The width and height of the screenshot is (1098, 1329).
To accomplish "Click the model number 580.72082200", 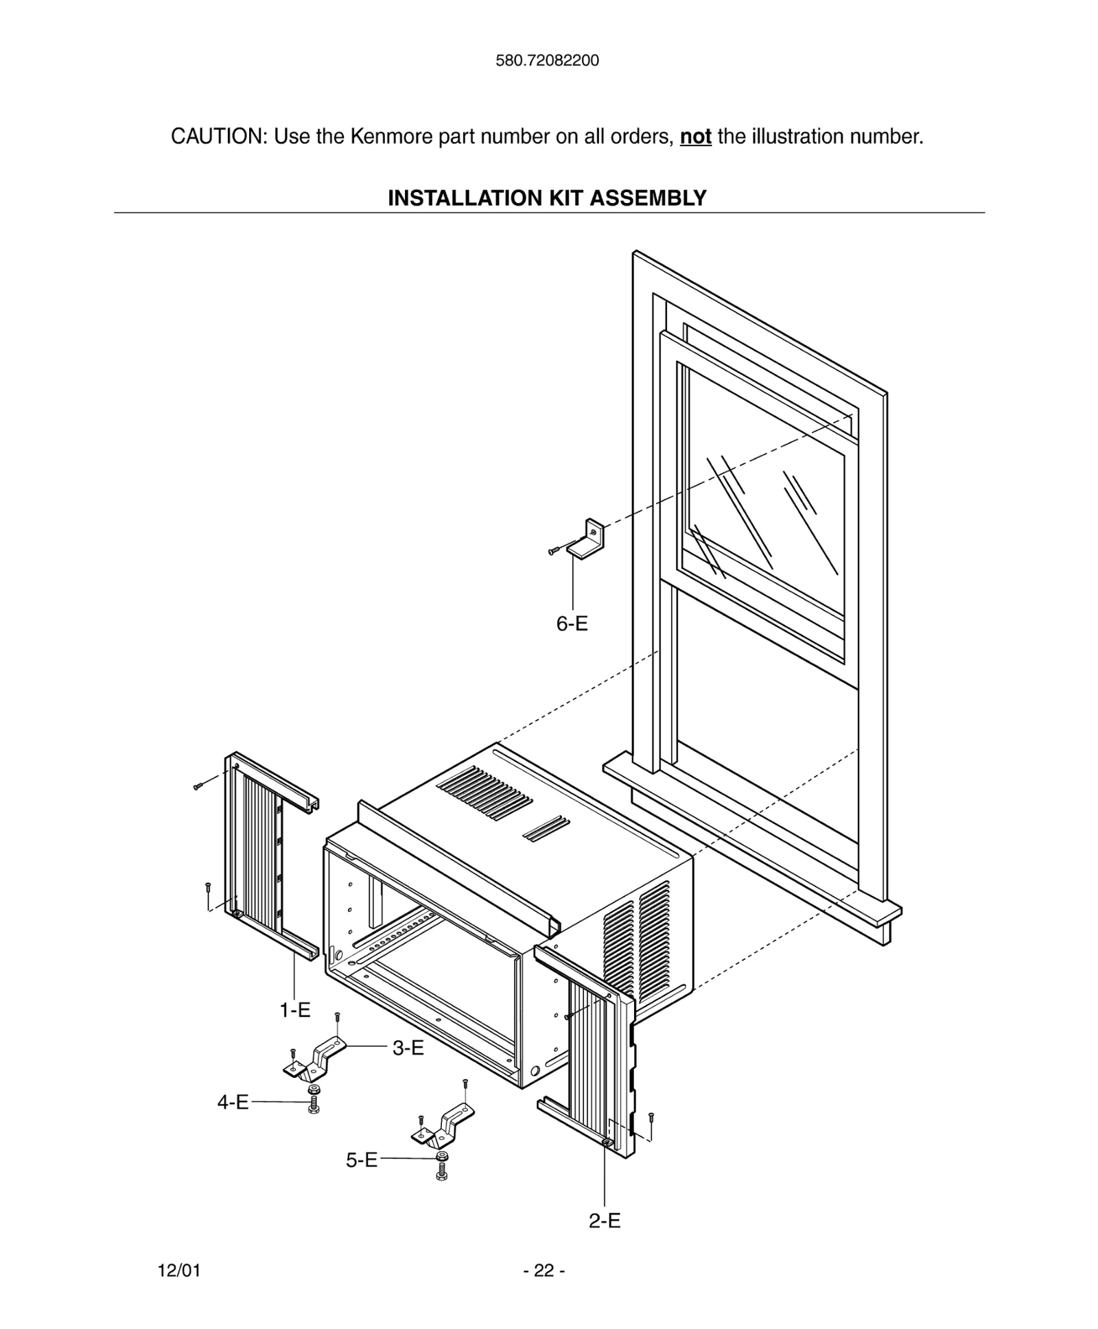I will (547, 60).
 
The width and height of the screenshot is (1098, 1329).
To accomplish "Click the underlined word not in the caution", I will (695, 137).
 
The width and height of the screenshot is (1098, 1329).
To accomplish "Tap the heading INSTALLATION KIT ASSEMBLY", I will (547, 198).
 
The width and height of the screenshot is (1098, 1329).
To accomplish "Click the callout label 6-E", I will (572, 624).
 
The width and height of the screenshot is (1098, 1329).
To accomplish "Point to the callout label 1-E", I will (294, 1010).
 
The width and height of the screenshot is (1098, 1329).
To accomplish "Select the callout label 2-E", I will (605, 1221).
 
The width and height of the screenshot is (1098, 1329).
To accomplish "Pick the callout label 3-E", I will (408, 1048).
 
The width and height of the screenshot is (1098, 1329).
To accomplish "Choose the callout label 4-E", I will (233, 1102).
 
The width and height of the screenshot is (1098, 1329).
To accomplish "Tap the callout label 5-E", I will (361, 1160).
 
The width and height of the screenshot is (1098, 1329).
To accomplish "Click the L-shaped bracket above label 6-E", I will (587, 540).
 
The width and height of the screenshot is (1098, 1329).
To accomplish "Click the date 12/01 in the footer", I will (179, 1271).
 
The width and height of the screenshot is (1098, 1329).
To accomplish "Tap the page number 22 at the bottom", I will (544, 1271).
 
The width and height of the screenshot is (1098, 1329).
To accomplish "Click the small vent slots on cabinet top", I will (546, 829).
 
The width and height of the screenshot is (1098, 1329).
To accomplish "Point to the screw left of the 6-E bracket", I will (554, 551).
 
